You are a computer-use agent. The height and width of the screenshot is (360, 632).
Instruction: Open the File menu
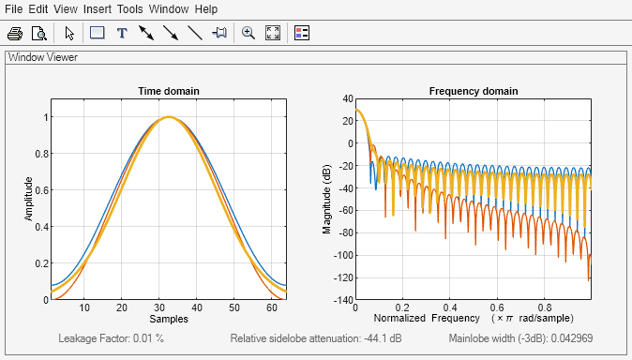click(14, 8)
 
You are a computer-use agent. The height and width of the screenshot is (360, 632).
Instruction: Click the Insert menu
click(97, 8)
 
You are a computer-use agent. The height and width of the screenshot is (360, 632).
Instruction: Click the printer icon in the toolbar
click(15, 33)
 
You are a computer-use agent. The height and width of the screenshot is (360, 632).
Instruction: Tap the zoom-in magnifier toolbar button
click(248, 33)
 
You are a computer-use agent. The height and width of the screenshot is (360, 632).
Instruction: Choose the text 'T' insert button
click(121, 33)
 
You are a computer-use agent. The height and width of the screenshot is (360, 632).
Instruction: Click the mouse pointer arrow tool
click(69, 33)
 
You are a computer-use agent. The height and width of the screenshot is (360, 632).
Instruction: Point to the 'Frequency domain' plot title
click(474, 91)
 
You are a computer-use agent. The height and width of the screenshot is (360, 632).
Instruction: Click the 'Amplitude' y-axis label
click(29, 199)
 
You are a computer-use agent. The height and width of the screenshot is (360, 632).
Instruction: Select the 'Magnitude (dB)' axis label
click(327, 199)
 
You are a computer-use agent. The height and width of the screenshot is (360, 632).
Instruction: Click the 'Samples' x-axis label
click(169, 320)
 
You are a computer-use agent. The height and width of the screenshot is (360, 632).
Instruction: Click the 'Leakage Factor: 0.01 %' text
click(112, 338)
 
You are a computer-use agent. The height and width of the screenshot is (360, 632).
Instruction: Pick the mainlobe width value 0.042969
click(595, 338)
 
